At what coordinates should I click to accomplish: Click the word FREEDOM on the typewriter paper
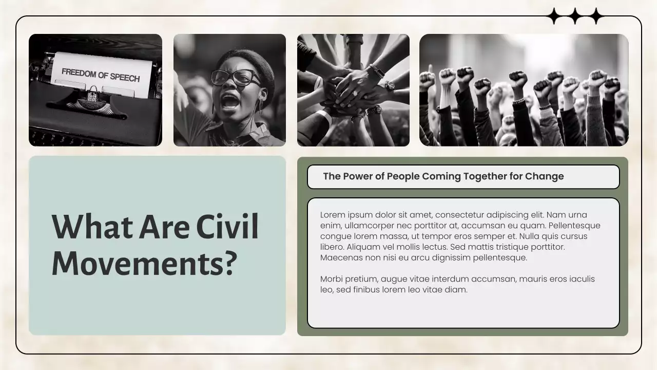[x=78, y=73]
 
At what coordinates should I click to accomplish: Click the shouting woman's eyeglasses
[x=235, y=78]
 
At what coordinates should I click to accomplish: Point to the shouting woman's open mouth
[x=230, y=100]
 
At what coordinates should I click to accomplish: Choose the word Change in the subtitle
[x=544, y=176]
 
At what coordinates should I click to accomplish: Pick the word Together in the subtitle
[x=485, y=176]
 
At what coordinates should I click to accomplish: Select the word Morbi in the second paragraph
[x=332, y=279]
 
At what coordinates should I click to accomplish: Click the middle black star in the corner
[x=575, y=16]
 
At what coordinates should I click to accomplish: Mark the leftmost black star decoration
[x=554, y=16]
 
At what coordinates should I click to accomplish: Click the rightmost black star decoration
[x=595, y=16]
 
